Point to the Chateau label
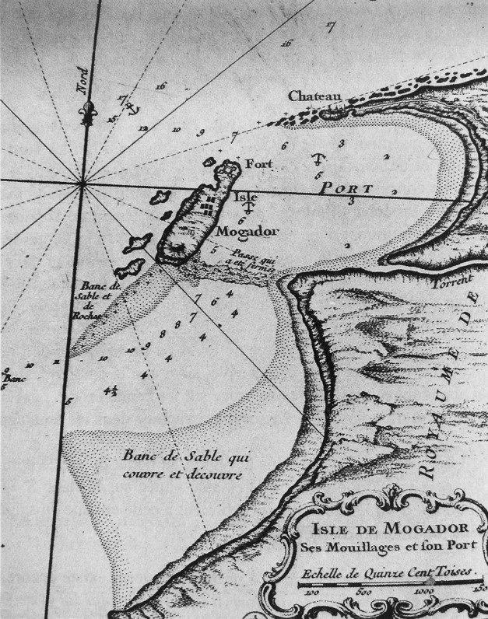coord(315,96)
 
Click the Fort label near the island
coord(258,164)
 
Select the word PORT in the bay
coord(346,188)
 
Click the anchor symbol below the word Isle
coord(251,208)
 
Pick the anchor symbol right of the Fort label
coord(317,159)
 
